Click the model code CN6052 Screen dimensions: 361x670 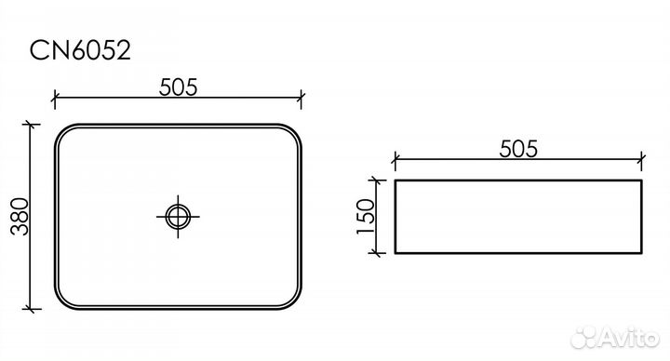pos(78,47)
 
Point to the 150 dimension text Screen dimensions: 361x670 pos(365,216)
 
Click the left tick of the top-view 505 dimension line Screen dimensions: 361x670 pos(55,96)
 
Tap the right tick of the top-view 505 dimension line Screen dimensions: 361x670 pos(302,96)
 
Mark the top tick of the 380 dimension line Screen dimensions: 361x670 pos(33,125)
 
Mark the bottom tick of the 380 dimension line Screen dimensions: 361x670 pos(33,307)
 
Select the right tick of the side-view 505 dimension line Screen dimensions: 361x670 pos(641,159)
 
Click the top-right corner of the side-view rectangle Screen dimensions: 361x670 pos(641,180)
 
